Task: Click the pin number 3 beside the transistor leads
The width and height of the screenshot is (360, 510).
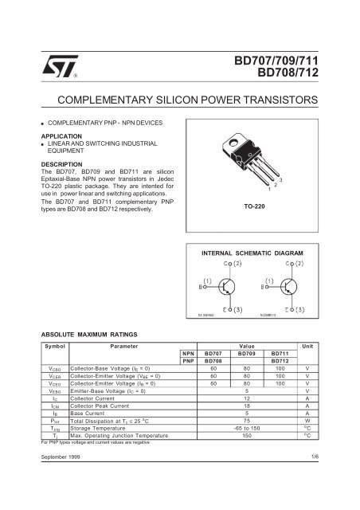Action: point(280,181)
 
